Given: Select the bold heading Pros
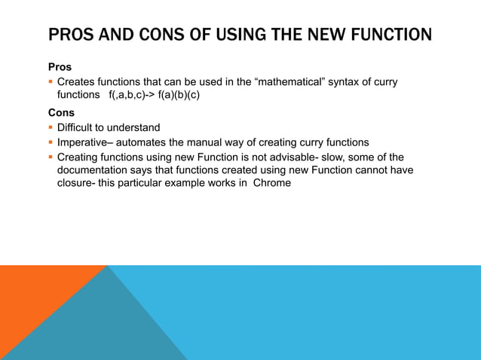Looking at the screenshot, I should click(x=60, y=67).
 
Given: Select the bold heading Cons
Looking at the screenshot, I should click(x=61, y=113).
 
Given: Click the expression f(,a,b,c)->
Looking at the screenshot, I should click(x=132, y=96).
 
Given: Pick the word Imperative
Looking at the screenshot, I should click(x=84, y=142).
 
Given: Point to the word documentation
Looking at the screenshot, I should click(x=96, y=170).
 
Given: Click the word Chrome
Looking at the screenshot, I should click(x=272, y=183).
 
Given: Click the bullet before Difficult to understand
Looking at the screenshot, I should click(x=51, y=127).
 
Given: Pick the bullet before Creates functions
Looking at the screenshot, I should click(x=51, y=81).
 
